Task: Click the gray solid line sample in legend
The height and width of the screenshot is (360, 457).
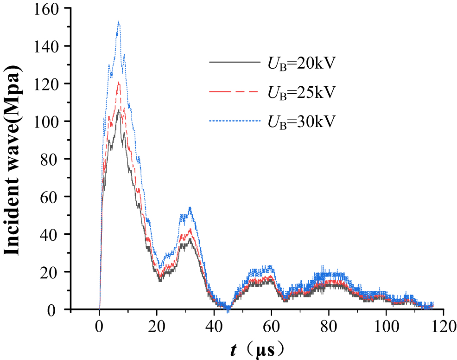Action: pos(234,62)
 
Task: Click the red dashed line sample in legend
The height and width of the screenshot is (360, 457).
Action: pos(234,91)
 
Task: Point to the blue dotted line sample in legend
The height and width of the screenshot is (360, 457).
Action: pos(234,121)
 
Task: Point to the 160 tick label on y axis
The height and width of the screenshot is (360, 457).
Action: pos(50,8)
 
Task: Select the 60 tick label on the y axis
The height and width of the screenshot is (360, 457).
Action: pos(54,197)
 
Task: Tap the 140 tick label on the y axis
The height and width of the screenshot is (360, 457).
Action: pos(50,46)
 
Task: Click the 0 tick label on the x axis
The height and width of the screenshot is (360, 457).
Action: pos(100,324)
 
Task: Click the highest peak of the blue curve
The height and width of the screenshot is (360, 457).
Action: pos(119,22)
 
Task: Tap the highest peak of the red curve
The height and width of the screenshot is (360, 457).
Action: pos(119,83)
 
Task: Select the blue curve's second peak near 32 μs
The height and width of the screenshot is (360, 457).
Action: pos(190,208)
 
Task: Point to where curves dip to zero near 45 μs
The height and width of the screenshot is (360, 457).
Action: pos(228,307)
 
